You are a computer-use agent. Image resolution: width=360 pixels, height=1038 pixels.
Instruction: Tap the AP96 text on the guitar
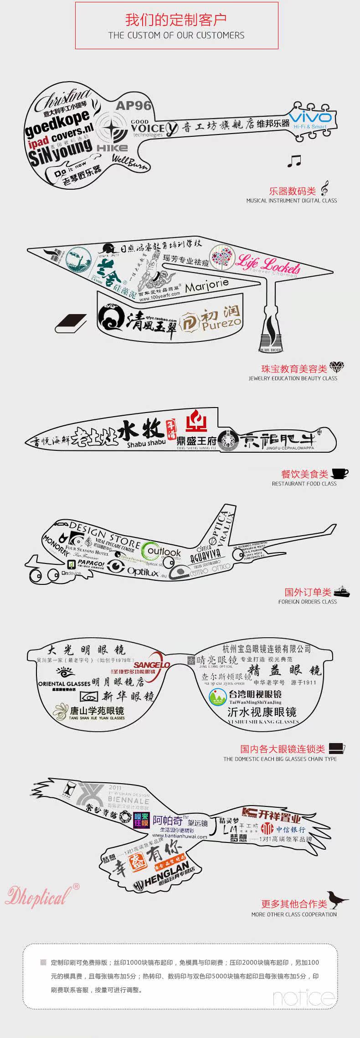pyautogui.click(x=133, y=106)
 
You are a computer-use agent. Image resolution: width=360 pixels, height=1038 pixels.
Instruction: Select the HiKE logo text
pyautogui.click(x=112, y=148)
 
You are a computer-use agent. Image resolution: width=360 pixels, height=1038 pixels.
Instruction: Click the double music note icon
pyautogui.click(x=294, y=160)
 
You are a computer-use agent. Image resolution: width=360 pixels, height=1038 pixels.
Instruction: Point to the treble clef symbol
pyautogui.click(x=324, y=189)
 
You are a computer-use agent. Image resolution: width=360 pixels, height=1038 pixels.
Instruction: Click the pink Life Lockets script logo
pyautogui.click(x=267, y=264)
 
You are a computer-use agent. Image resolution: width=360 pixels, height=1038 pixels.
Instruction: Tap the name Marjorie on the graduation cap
pyautogui.click(x=206, y=285)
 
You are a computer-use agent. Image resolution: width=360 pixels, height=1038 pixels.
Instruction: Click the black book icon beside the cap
pyautogui.click(x=71, y=324)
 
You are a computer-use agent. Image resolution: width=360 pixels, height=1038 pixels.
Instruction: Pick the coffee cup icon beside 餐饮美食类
pyautogui.click(x=339, y=473)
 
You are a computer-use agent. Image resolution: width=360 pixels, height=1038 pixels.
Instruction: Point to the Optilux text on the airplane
pyautogui.click(x=142, y=571)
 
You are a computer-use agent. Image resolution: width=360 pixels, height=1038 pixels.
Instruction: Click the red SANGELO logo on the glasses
pyautogui.click(x=152, y=665)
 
